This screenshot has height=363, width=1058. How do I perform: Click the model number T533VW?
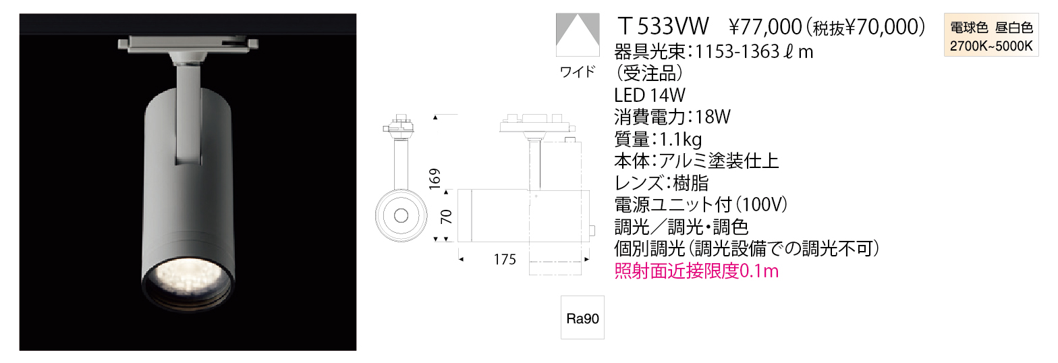(x=664, y=26)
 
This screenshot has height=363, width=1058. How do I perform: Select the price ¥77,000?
(x=766, y=27)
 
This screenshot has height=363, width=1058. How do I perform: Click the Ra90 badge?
(x=582, y=318)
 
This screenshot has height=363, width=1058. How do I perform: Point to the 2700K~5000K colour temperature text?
(x=991, y=47)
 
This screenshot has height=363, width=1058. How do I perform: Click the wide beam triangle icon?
(x=578, y=35)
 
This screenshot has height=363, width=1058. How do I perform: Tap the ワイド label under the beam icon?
(x=577, y=72)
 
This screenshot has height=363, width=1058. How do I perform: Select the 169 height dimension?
(x=435, y=179)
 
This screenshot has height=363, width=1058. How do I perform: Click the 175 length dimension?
(x=505, y=260)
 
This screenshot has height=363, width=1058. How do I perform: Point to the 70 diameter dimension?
(x=446, y=217)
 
